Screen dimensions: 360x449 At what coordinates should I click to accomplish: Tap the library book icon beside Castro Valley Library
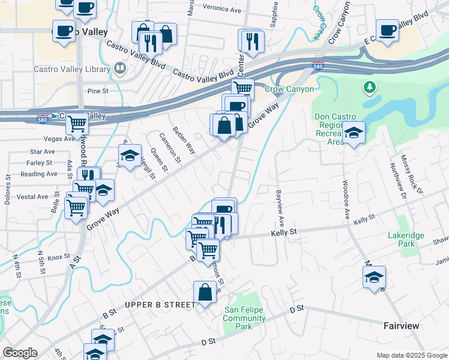(120, 69)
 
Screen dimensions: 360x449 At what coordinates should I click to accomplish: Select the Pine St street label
(97, 92)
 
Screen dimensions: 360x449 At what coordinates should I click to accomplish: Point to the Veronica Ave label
(220, 9)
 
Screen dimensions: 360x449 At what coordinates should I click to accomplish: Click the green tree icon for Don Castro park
(370, 88)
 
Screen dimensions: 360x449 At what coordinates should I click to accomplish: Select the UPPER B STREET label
(160, 305)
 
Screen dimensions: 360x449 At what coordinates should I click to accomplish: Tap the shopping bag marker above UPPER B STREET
(205, 293)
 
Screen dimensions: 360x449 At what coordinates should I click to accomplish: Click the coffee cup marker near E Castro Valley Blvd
(387, 30)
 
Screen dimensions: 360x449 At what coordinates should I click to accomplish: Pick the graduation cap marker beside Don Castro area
(354, 133)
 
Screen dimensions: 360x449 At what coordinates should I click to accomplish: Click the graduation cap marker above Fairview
(373, 278)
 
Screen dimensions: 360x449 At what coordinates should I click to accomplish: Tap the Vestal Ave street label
(32, 197)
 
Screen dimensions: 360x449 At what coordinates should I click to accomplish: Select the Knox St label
(59, 257)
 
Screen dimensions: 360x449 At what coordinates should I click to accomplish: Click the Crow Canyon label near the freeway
(289, 89)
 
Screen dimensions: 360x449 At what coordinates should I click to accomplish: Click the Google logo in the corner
(20, 353)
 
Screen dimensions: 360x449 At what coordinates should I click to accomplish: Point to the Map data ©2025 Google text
(411, 355)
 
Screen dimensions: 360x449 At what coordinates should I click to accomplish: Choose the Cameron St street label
(170, 147)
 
